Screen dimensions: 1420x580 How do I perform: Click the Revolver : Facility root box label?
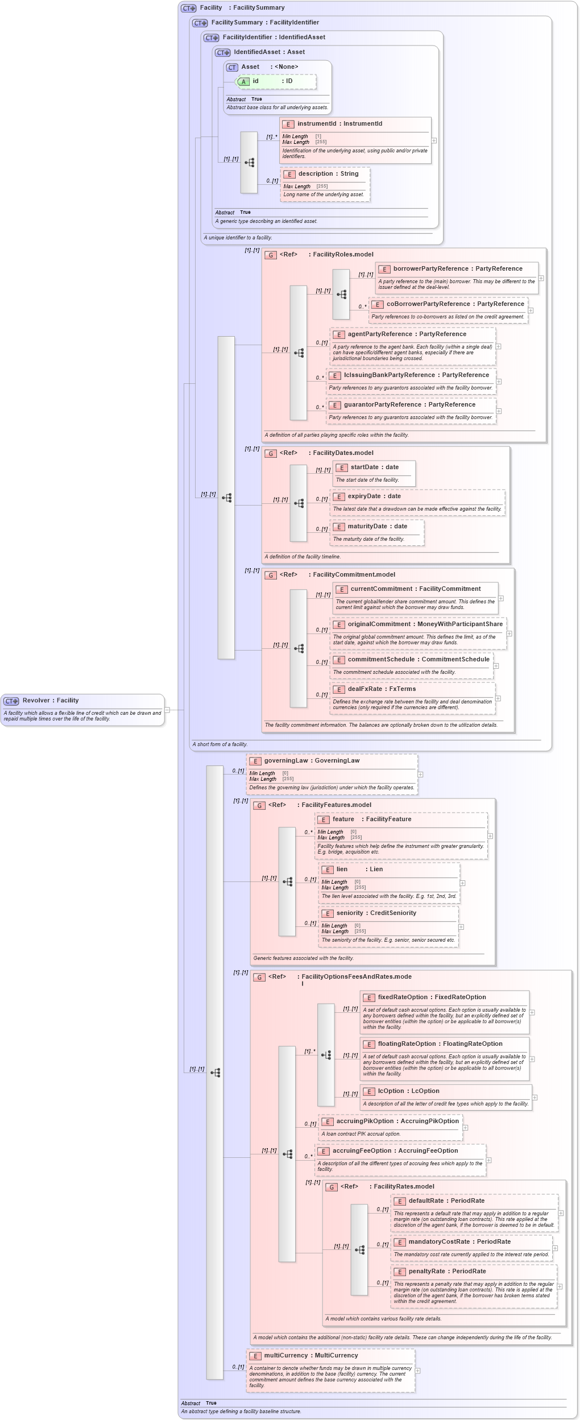click(x=51, y=701)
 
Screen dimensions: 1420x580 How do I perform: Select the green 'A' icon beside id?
click(x=243, y=82)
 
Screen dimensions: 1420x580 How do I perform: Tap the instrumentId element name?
click(x=317, y=124)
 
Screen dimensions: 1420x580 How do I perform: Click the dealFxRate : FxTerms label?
click(x=382, y=689)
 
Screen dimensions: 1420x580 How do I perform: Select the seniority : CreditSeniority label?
click(x=376, y=913)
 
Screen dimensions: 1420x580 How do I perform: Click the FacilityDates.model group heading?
click(x=343, y=453)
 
